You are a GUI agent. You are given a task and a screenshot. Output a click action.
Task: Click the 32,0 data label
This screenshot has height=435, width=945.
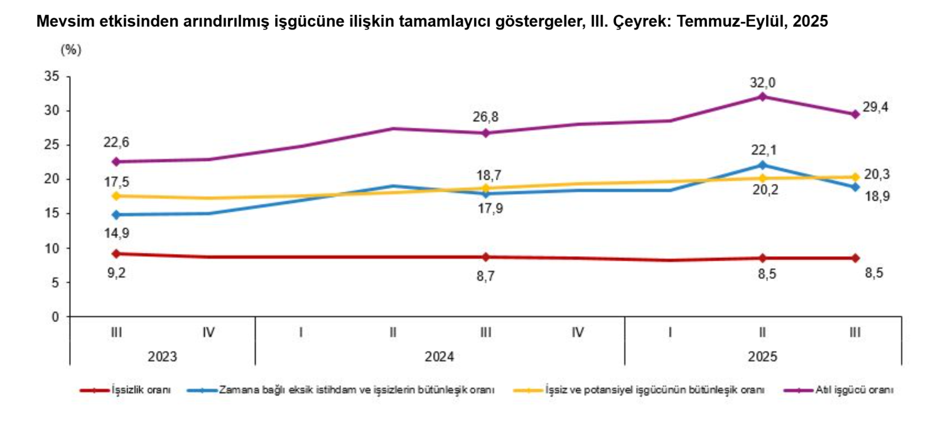click(x=762, y=83)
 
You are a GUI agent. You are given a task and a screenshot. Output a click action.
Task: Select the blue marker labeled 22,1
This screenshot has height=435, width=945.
click(x=762, y=165)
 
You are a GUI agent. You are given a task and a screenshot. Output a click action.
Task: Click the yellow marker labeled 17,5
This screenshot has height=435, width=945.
click(x=116, y=196)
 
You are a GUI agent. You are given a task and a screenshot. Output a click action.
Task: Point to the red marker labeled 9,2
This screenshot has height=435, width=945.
click(x=116, y=254)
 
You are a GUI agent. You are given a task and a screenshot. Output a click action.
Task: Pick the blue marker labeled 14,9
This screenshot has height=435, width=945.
click(x=116, y=215)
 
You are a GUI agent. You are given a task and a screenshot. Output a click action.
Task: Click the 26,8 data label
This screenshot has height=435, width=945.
click(x=485, y=117)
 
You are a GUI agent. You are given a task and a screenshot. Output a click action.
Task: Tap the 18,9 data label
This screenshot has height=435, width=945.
click(x=877, y=197)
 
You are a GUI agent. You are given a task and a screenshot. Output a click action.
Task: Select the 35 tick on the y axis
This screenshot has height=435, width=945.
click(x=52, y=76)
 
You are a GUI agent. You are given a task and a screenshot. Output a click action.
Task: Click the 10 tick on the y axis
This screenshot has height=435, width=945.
click(x=52, y=248)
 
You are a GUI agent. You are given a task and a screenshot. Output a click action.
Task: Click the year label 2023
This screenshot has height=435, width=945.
click(x=162, y=356)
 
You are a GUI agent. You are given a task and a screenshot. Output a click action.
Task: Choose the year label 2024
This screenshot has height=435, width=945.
click(x=439, y=356)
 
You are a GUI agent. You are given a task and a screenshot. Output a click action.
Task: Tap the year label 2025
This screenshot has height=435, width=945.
click(x=762, y=356)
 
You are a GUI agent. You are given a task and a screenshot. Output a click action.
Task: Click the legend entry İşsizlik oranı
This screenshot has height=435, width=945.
click(x=141, y=390)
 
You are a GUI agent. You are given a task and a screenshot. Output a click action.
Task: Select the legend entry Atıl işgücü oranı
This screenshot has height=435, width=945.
click(x=854, y=390)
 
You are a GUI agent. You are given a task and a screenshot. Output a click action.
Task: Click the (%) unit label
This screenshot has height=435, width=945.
click(x=71, y=50)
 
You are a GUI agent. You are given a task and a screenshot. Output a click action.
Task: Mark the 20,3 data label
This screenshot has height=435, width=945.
click(x=876, y=175)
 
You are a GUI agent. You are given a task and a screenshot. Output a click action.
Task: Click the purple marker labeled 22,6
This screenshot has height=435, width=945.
click(x=116, y=162)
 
